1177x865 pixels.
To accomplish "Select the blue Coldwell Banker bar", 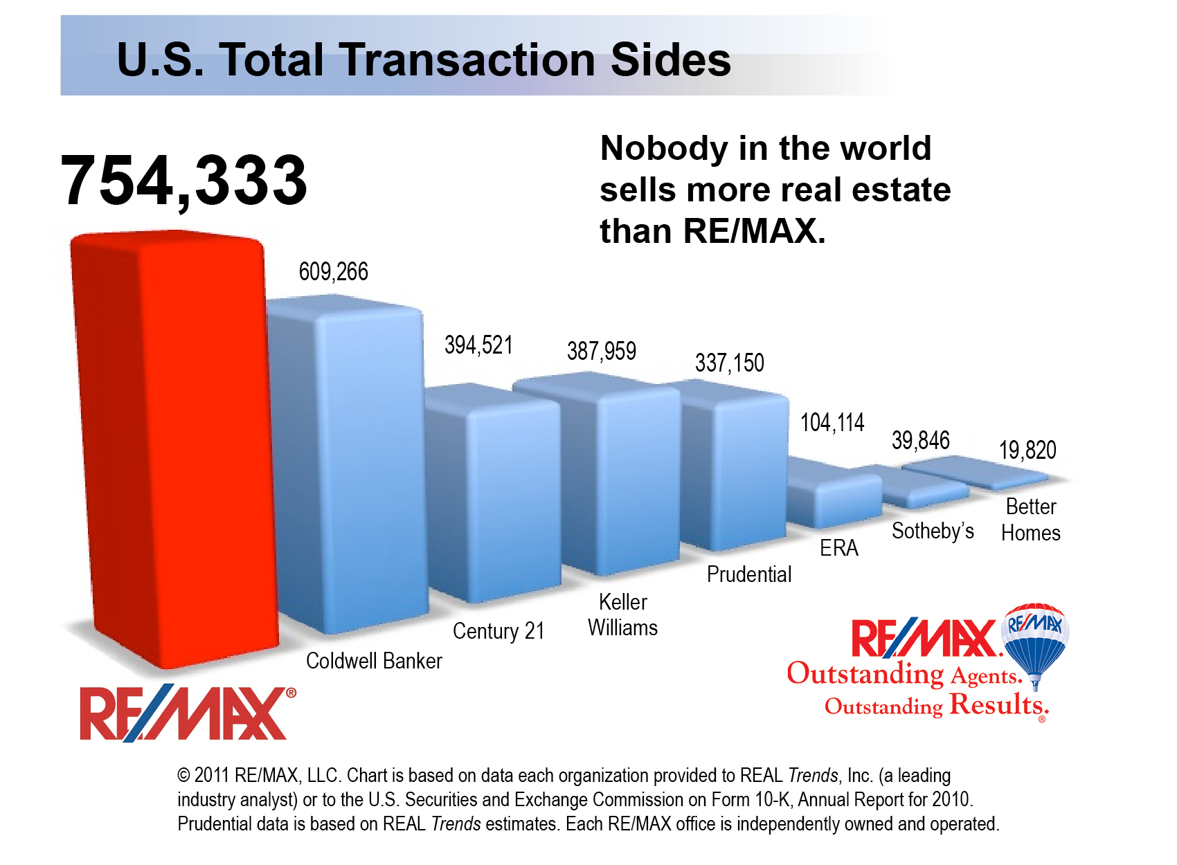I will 353,471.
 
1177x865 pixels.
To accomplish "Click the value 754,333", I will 183,180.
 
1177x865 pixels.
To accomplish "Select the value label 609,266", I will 333,271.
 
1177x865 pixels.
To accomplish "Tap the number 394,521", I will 478,345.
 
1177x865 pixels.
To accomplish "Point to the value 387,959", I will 601,351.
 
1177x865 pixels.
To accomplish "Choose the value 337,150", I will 729,363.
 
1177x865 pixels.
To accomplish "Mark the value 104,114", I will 832,422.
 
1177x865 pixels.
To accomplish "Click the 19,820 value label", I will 1027,450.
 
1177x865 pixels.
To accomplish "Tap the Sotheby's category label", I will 933,531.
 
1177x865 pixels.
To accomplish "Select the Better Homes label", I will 1031,520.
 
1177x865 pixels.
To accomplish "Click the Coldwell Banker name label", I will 374,661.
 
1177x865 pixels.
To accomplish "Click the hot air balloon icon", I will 1036,640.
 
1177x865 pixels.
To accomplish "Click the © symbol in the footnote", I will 183,776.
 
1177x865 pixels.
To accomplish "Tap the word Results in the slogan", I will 997,704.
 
